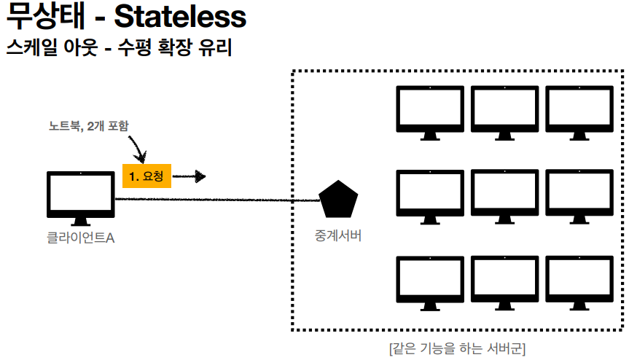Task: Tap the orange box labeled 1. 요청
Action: click(146, 176)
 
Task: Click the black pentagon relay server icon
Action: click(339, 198)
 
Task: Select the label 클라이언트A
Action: click(79, 238)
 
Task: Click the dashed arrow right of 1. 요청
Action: click(190, 176)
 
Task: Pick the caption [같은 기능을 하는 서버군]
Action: click(458, 345)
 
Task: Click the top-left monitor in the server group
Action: click(430, 111)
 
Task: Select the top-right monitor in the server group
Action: click(579, 111)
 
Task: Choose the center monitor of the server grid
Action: click(504, 194)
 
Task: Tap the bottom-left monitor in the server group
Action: click(430, 278)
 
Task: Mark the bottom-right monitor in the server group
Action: click(579, 278)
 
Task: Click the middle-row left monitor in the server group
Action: click(430, 194)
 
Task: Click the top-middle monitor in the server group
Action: click(504, 111)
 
